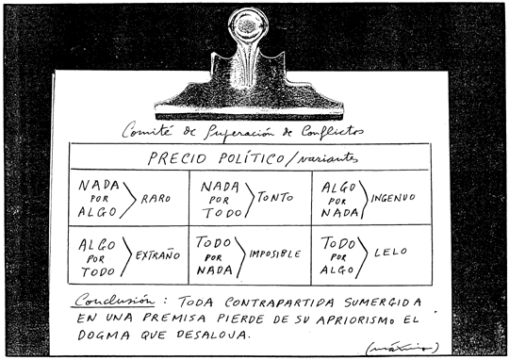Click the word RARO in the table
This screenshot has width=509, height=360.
(x=156, y=198)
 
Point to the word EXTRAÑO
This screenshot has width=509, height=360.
(x=157, y=255)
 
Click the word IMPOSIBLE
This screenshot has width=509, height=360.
(x=276, y=254)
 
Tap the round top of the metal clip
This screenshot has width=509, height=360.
(x=249, y=25)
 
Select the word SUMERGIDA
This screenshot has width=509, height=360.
(x=380, y=303)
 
